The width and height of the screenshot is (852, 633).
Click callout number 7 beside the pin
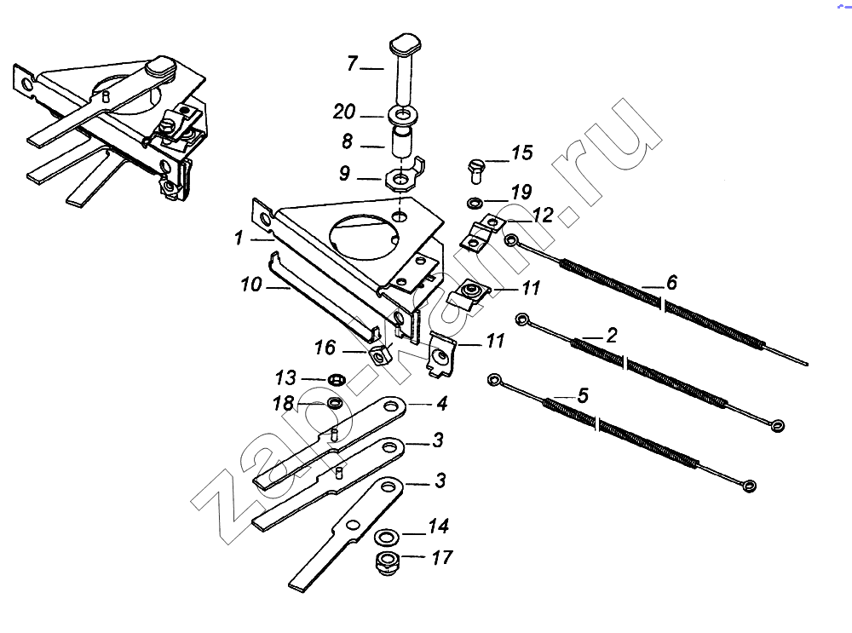point(352,64)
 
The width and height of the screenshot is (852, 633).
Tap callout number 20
point(345,112)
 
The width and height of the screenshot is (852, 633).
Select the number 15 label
point(521,153)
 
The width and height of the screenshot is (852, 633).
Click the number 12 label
point(543,214)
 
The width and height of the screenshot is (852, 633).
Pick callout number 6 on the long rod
point(671,282)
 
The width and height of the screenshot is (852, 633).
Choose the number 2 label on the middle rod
point(611,335)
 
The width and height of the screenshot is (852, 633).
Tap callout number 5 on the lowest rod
point(583,395)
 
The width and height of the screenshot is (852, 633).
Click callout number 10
point(250,285)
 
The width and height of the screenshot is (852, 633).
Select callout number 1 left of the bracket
point(239,239)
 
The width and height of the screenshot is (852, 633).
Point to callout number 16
point(325,348)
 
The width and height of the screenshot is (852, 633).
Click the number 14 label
point(438,527)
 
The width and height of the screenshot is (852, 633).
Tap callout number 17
point(441,558)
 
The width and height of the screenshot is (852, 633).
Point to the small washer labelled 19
point(474,203)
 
